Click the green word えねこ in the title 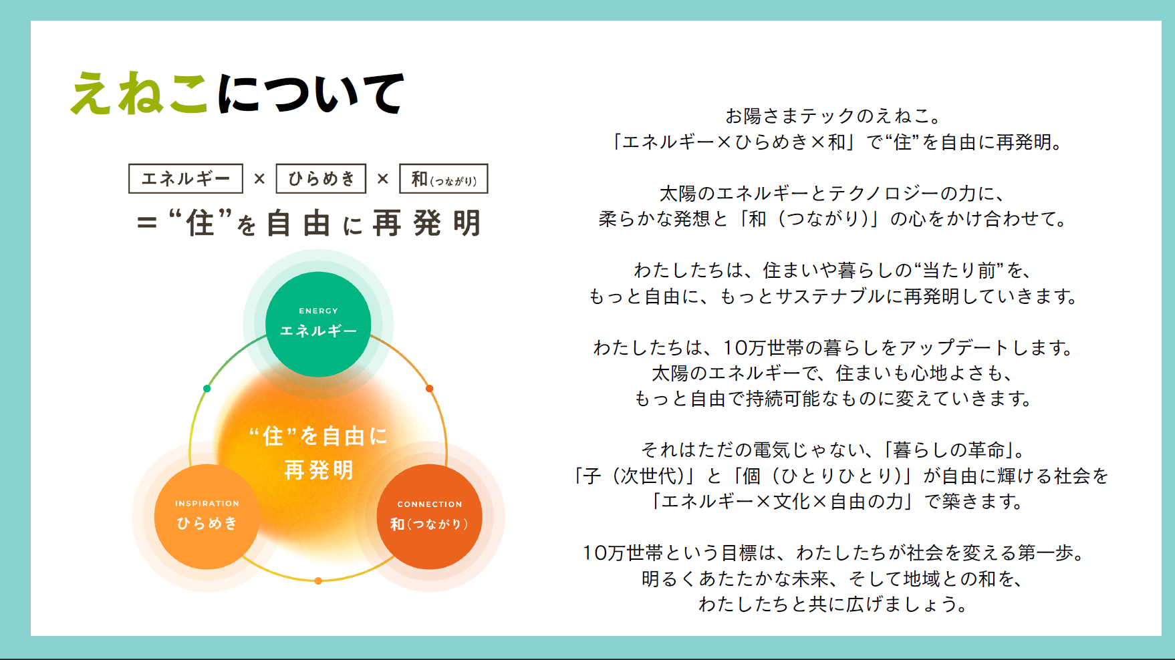tap(139, 94)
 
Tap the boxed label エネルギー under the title tap(186, 178)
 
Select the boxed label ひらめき tap(321, 178)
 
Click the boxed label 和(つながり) tap(444, 178)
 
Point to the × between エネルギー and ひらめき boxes tap(259, 179)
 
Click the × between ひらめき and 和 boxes tap(383, 179)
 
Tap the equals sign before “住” tap(146, 223)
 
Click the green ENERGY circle tap(318, 324)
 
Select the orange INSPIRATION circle tap(207, 516)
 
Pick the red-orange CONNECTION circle tap(430, 516)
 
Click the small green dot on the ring tap(207, 388)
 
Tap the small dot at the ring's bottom tap(318, 581)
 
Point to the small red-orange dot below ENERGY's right tap(430, 388)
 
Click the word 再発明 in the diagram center tap(319, 470)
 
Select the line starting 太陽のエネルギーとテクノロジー tap(833, 194)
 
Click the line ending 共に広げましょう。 tap(833, 605)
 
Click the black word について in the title tap(311, 94)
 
